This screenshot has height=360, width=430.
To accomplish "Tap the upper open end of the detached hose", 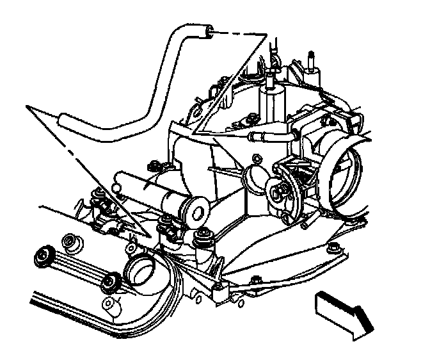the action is click(x=207, y=29).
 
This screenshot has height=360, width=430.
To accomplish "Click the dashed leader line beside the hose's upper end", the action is click(x=241, y=33).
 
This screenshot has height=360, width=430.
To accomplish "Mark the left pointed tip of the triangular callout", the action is click(x=27, y=104).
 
